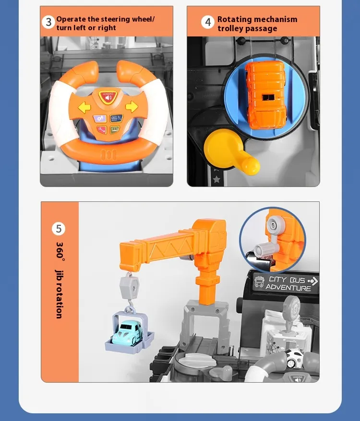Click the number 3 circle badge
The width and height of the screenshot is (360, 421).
[48, 22]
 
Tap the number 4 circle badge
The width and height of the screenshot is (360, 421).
[208, 22]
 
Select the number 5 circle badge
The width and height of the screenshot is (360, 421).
[59, 229]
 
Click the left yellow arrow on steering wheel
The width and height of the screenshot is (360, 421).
[84, 107]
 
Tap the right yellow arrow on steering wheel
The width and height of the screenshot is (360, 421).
[132, 106]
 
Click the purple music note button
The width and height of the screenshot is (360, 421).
[100, 118]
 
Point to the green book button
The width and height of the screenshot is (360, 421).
[115, 130]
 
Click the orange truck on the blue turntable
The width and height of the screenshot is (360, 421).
[265, 94]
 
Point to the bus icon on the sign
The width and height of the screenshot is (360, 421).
[259, 282]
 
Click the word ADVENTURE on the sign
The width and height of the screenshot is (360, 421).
[288, 288]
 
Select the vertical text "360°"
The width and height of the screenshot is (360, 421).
[60, 251]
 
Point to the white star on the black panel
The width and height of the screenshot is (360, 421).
[216, 179]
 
